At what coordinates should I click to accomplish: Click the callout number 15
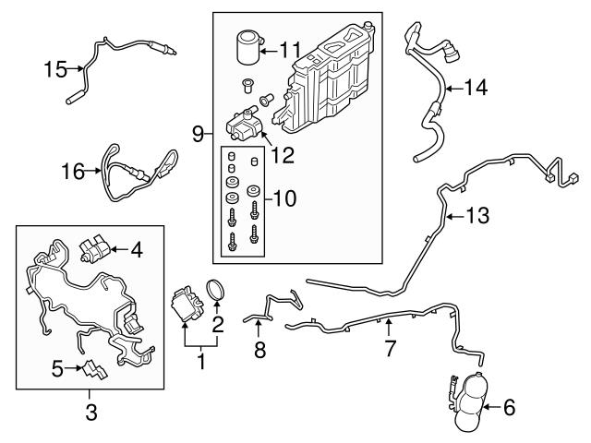point(56,69)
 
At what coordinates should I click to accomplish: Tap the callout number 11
point(290,50)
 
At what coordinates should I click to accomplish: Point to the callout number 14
point(474,89)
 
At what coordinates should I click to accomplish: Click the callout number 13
point(475,217)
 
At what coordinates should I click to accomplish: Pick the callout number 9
point(198,135)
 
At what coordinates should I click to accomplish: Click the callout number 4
point(136,249)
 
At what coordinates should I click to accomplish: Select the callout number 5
point(58,369)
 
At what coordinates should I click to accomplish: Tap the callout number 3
point(90,413)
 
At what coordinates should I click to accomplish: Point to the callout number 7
point(390,349)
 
